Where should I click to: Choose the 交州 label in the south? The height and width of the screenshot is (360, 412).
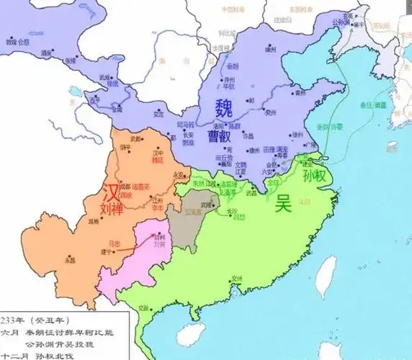[237, 278]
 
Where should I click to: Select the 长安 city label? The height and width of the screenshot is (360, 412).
[188, 134]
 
